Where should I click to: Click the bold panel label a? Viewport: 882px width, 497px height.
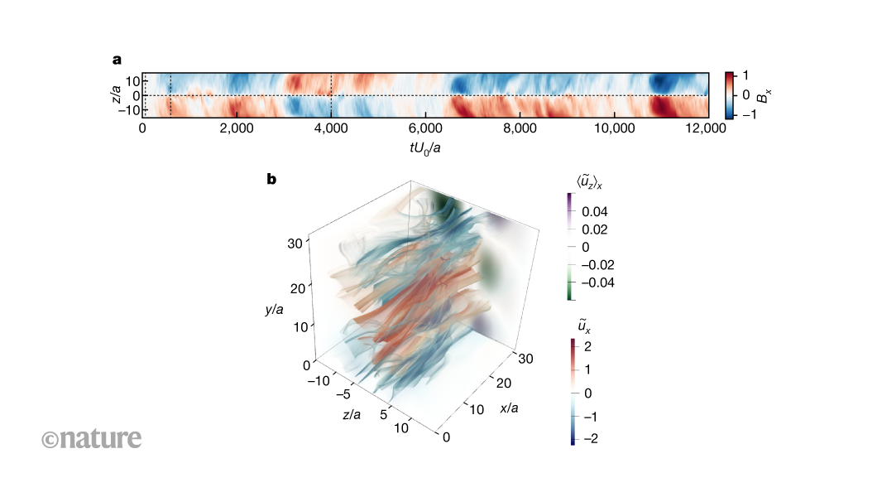117,60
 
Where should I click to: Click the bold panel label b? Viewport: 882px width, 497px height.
271,178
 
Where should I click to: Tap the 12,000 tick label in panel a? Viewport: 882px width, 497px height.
707,128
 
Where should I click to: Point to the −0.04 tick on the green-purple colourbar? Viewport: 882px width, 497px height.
597,282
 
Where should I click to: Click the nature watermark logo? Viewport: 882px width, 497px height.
91,438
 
